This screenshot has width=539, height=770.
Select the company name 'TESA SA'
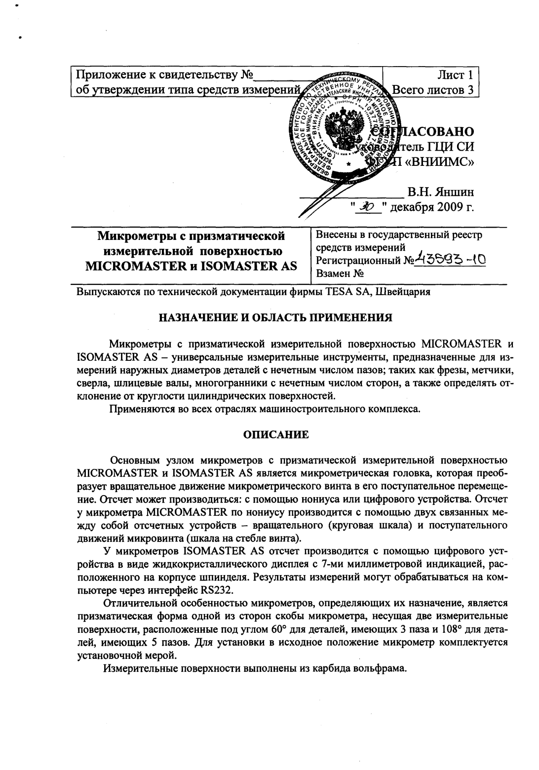pyautogui.click(x=349, y=292)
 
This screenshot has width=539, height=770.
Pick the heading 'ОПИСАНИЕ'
pyautogui.click(x=276, y=435)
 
